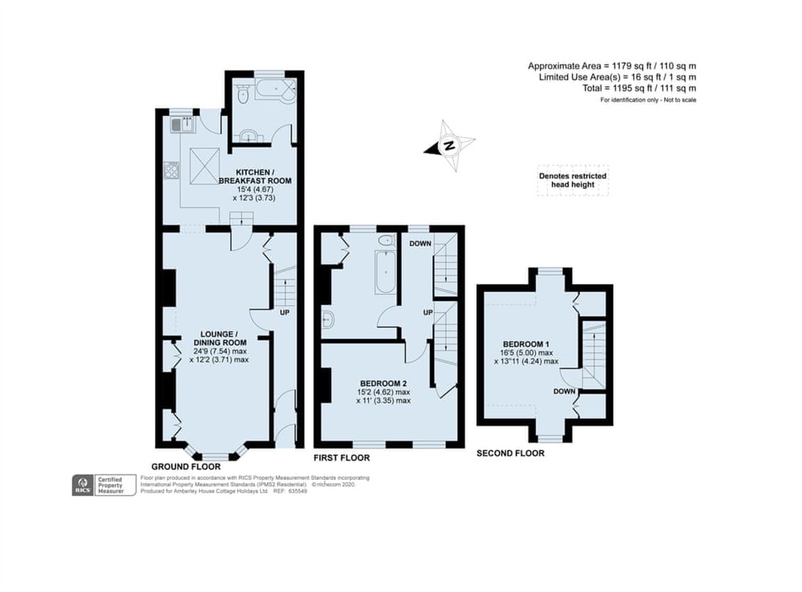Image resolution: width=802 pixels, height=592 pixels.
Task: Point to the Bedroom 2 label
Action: (x=384, y=392)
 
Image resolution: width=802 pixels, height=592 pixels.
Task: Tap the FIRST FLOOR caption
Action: (x=342, y=458)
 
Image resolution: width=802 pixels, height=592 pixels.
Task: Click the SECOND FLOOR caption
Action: (x=510, y=453)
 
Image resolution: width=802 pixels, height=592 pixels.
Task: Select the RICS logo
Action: (x=81, y=484)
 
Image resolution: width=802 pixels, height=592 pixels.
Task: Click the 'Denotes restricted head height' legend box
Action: (x=572, y=182)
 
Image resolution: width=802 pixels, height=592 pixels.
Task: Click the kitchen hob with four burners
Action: (x=171, y=170)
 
